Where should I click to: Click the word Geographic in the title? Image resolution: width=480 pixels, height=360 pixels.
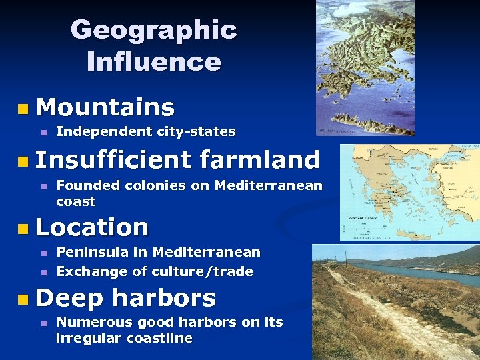click(153, 30)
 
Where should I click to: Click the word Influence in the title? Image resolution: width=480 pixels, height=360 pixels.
click(153, 62)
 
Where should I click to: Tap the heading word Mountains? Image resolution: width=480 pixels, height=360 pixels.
click(105, 107)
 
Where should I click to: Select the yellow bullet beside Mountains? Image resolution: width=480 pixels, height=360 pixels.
click(24, 107)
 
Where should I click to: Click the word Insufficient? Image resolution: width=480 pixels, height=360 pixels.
click(113, 160)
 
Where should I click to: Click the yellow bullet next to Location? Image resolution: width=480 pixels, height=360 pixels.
click(24, 228)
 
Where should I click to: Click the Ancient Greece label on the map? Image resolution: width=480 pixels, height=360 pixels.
click(363, 219)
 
